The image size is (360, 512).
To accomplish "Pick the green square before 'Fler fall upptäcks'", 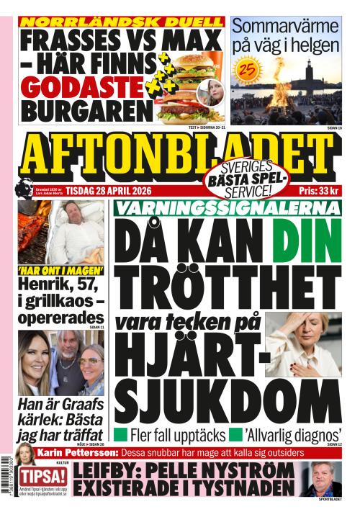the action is point(121,435).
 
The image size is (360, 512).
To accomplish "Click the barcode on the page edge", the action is point(7,482).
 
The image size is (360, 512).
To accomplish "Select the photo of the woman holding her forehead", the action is point(302,344).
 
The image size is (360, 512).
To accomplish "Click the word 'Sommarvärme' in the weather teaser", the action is point(285,27).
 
